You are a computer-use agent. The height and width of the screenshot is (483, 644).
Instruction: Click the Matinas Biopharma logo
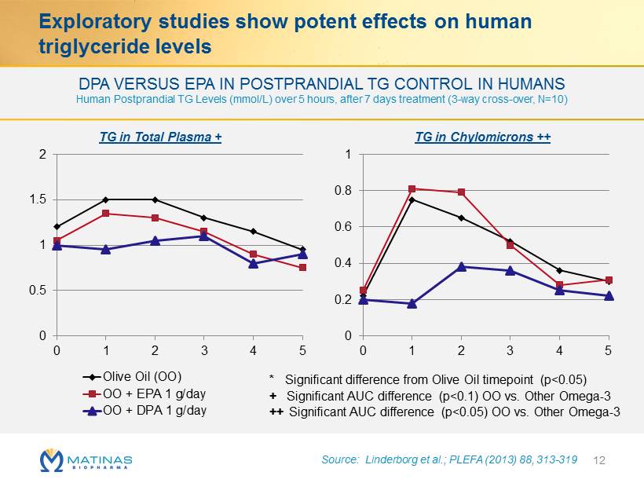[86, 460]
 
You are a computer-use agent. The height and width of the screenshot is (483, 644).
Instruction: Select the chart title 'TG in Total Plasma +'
[160, 137]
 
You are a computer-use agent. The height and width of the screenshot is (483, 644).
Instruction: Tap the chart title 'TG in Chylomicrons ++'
[482, 137]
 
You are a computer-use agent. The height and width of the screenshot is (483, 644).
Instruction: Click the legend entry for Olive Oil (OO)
[132, 377]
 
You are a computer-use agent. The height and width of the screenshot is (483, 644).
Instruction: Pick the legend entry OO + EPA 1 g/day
[145, 394]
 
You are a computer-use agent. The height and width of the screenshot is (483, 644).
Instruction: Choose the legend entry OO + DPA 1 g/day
[145, 410]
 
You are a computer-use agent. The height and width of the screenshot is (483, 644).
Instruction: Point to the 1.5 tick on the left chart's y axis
[38, 199]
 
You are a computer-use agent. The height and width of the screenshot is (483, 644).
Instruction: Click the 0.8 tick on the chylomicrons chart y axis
[343, 191]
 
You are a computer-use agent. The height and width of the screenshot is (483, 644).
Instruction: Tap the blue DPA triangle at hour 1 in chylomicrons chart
[412, 303]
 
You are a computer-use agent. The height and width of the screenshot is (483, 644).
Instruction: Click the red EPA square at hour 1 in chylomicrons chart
[412, 189]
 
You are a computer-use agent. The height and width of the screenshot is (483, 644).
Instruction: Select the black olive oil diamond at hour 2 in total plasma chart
[155, 199]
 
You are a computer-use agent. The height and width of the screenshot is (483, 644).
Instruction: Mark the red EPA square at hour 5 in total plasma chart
[302, 267]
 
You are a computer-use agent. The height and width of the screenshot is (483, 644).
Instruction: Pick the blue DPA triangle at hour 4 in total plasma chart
[254, 263]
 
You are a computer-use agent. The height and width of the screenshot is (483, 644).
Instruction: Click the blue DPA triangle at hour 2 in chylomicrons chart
[461, 266]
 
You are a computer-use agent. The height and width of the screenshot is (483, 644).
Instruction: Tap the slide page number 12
[599, 460]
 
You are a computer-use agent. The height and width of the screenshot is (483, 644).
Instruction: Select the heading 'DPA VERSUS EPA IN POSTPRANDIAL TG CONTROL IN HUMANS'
[321, 84]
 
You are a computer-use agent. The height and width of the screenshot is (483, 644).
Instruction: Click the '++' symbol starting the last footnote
[276, 412]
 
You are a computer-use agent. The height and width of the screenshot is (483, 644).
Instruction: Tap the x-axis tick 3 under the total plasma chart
[204, 350]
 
